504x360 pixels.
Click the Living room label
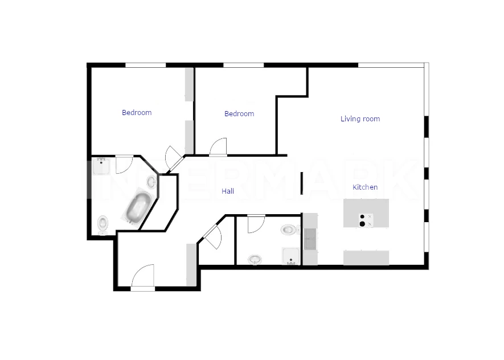360,119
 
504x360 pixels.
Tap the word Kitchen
365,187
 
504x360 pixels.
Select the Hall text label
228,191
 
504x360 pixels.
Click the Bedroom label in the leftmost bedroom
137,113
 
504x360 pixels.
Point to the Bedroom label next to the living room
239,113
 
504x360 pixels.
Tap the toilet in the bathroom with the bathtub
103,224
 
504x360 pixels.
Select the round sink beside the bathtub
151,182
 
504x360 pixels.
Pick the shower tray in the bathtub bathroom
101,166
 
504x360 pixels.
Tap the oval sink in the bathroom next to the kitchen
255,259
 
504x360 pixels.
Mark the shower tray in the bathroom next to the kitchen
291,256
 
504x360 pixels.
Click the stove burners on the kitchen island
366,220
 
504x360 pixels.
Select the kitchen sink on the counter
310,239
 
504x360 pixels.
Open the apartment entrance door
143,277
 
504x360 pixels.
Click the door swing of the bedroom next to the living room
218,146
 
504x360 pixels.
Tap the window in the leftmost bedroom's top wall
146,66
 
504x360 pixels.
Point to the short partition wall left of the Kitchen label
301,183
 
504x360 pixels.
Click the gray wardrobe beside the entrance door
191,265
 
